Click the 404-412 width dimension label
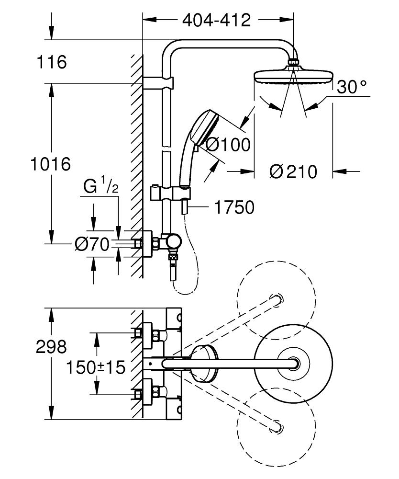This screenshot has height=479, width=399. tap(217, 20)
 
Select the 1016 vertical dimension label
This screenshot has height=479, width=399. tap(50, 164)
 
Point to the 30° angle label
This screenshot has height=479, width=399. tap(352, 87)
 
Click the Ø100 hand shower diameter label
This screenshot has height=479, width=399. tap(227, 144)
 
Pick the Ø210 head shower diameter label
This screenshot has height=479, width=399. tap(293, 171)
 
